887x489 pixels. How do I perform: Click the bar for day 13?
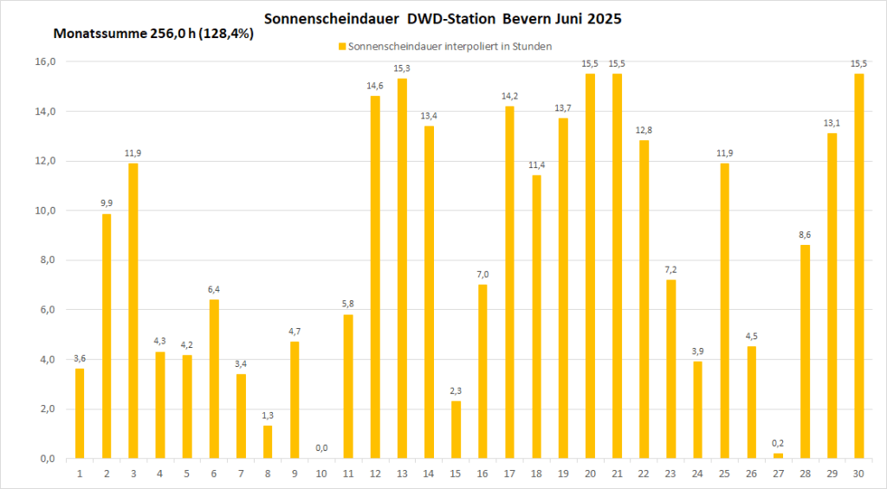[402, 268]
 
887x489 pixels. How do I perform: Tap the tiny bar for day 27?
[778, 455]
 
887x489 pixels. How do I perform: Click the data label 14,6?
[375, 86]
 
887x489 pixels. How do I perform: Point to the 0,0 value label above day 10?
[321, 447]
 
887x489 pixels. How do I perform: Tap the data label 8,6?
[805, 235]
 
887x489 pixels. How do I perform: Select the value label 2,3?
[456, 390]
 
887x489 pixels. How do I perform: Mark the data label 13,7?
[563, 107]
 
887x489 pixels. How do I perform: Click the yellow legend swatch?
[340, 46]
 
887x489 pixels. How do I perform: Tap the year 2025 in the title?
[605, 18]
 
